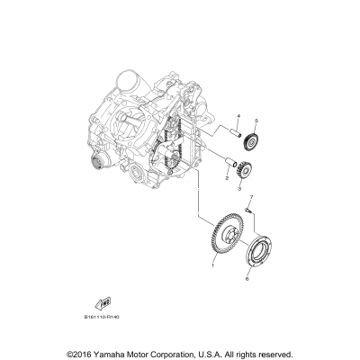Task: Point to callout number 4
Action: tap(213, 118)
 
